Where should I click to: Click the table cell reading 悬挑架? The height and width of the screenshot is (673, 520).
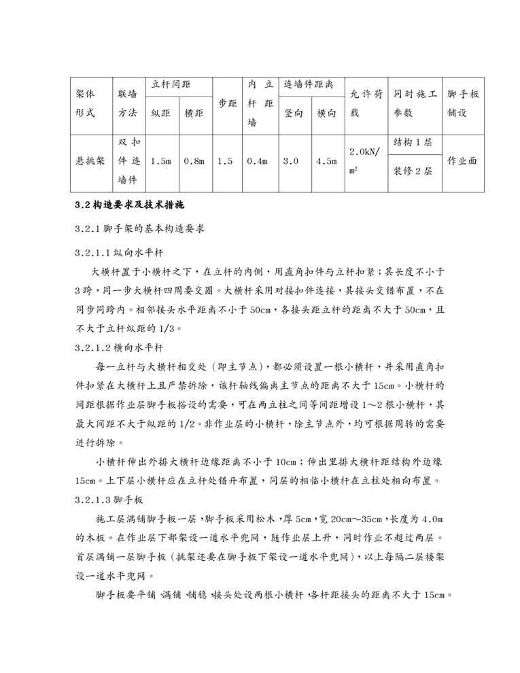pyautogui.click(x=90, y=162)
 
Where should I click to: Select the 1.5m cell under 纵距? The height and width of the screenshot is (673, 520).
pyautogui.click(x=161, y=162)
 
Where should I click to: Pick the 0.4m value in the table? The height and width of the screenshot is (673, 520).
pyautogui.click(x=257, y=162)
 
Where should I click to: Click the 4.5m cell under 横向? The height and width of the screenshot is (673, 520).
pyautogui.click(x=327, y=162)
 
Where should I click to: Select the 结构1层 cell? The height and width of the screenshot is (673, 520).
pyautogui.click(x=413, y=144)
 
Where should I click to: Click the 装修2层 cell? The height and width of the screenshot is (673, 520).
pyautogui.click(x=413, y=172)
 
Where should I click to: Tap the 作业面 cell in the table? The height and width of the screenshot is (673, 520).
pyautogui.click(x=462, y=162)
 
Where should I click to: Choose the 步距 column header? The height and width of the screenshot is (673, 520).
pyautogui.click(x=226, y=103)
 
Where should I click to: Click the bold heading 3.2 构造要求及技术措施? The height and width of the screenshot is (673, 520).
pyautogui.click(x=128, y=205)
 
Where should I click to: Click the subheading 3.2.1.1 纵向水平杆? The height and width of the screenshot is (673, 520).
pyautogui.click(x=119, y=252)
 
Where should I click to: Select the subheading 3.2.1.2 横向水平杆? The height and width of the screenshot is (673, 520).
pyautogui.click(x=119, y=347)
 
